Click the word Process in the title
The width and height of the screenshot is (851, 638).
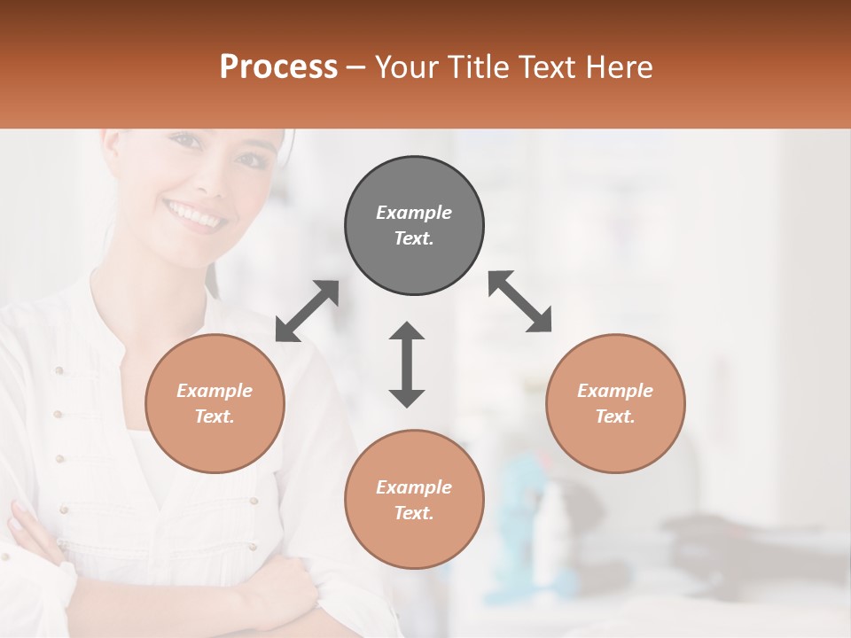point(278,66)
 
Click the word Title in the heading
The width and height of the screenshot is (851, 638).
point(473,66)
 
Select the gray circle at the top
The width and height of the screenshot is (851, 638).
point(414,225)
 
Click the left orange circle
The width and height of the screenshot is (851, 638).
point(215,403)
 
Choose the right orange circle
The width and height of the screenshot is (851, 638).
point(615,403)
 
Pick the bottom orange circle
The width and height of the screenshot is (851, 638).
point(414,500)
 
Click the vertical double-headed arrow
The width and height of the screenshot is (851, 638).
point(407,364)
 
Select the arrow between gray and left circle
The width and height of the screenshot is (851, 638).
point(307,311)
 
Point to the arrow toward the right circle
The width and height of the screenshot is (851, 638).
point(520,302)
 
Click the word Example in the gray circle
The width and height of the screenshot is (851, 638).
point(414,213)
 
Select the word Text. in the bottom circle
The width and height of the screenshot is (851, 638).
point(414,513)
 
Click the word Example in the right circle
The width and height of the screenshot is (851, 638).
point(615,391)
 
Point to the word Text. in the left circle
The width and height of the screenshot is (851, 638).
point(215,416)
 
